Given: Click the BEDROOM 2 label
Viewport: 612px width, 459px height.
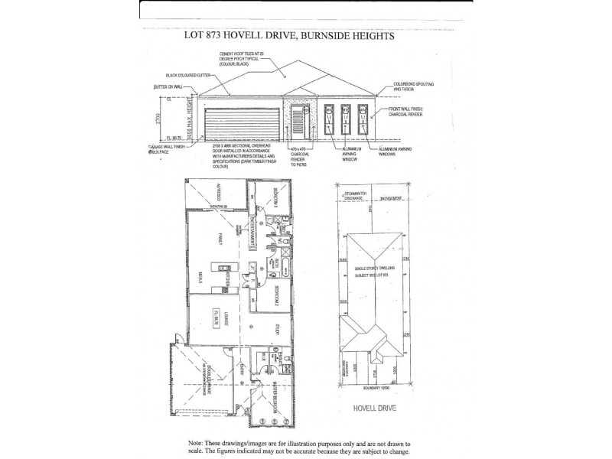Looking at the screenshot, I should click(275, 295).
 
